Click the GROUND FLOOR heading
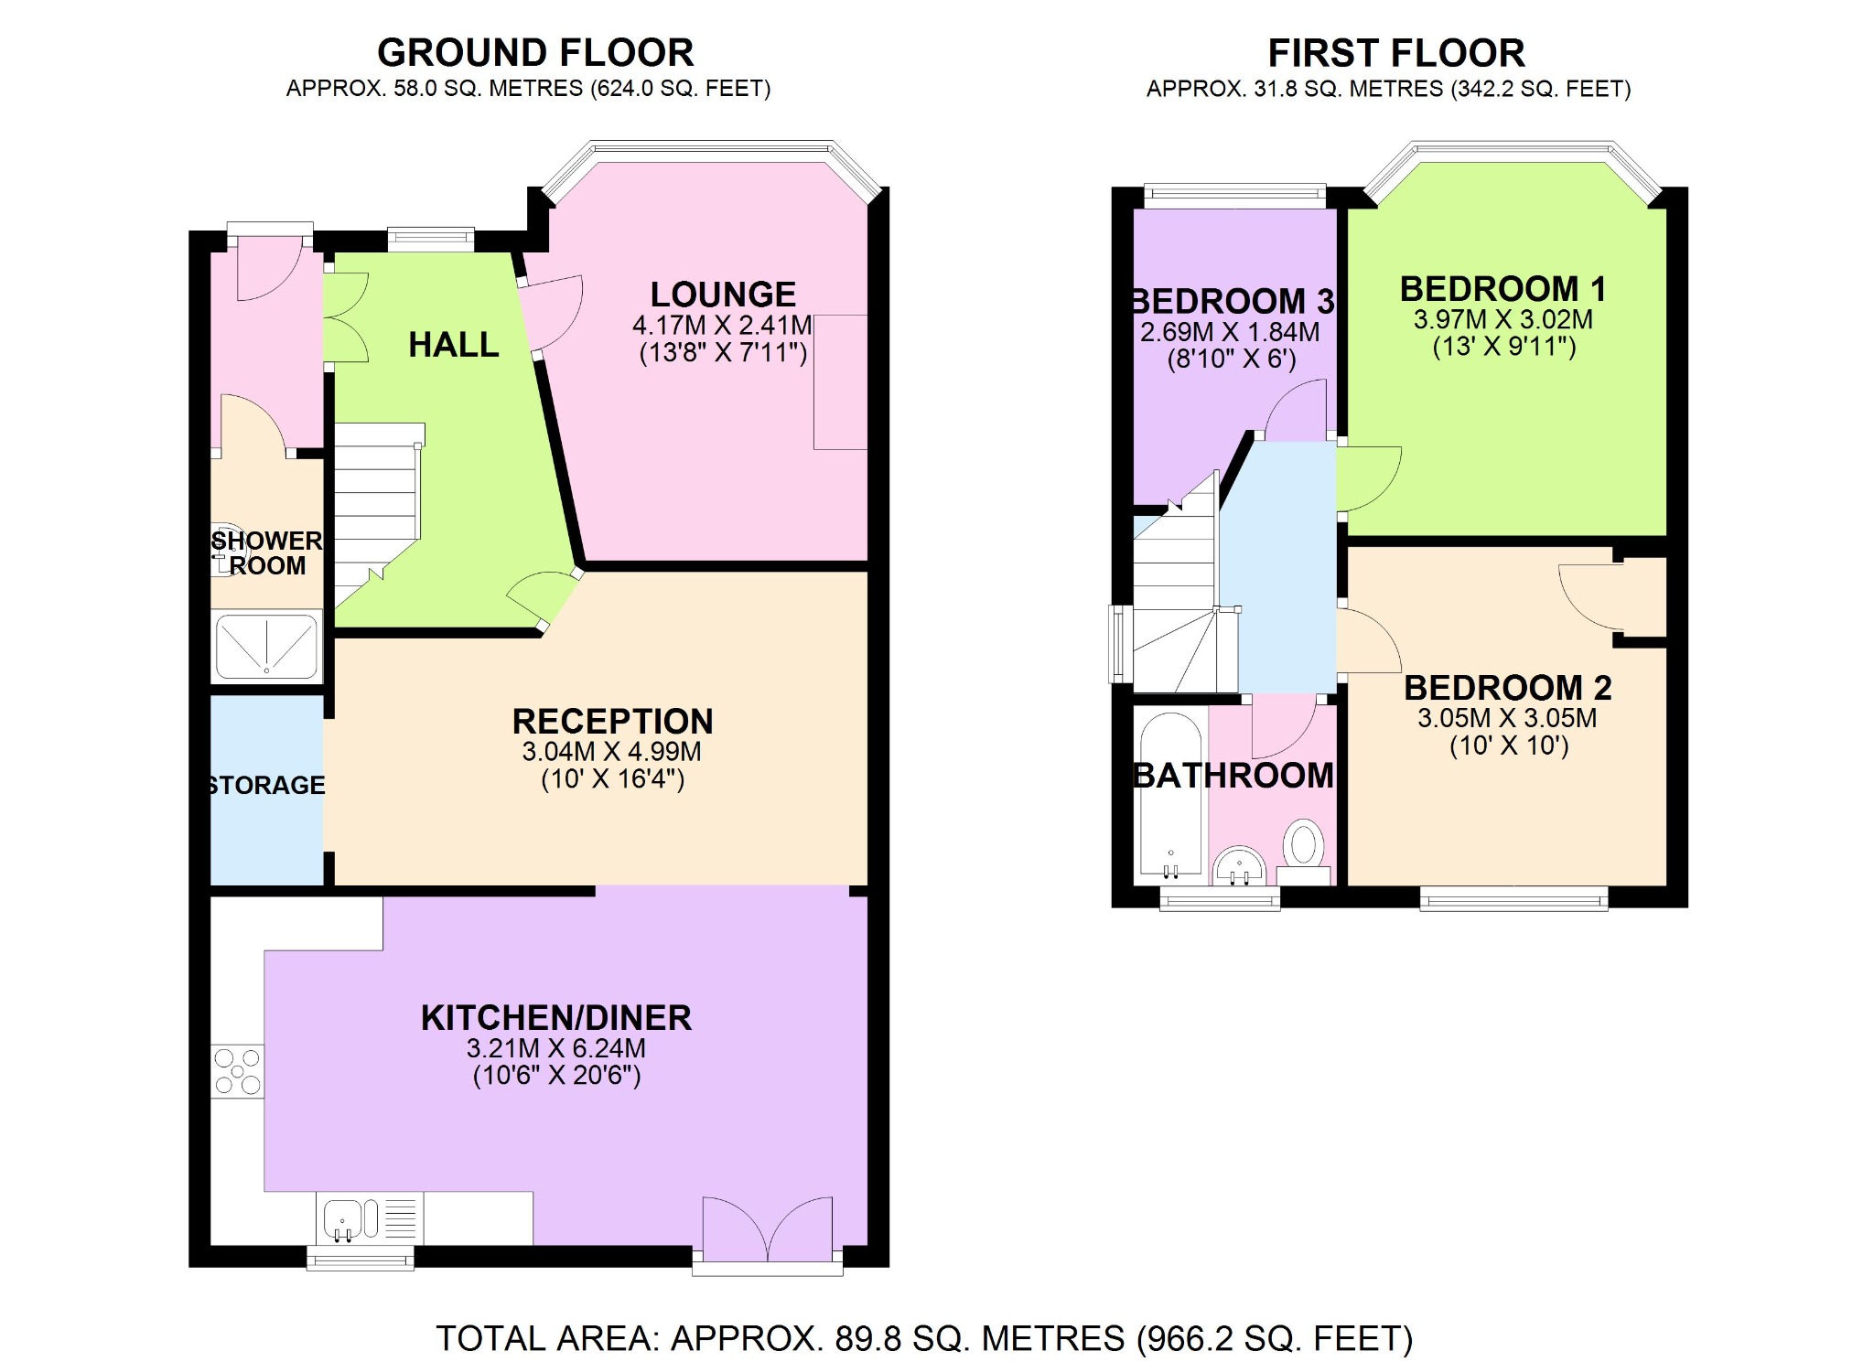tap(535, 53)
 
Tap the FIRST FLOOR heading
tap(1395, 53)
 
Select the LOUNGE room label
tap(723, 295)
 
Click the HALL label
tap(454, 345)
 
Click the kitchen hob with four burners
tap(237, 1071)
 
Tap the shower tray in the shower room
tap(266, 647)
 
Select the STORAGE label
tap(266, 785)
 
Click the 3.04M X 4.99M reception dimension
tap(611, 752)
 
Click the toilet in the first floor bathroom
tap(1303, 845)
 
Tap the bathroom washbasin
tap(1240, 865)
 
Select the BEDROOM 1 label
tap(1502, 289)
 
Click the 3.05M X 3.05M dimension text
tap(1507, 718)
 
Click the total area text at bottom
tap(924, 1338)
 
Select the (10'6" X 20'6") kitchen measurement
tap(556, 1075)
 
